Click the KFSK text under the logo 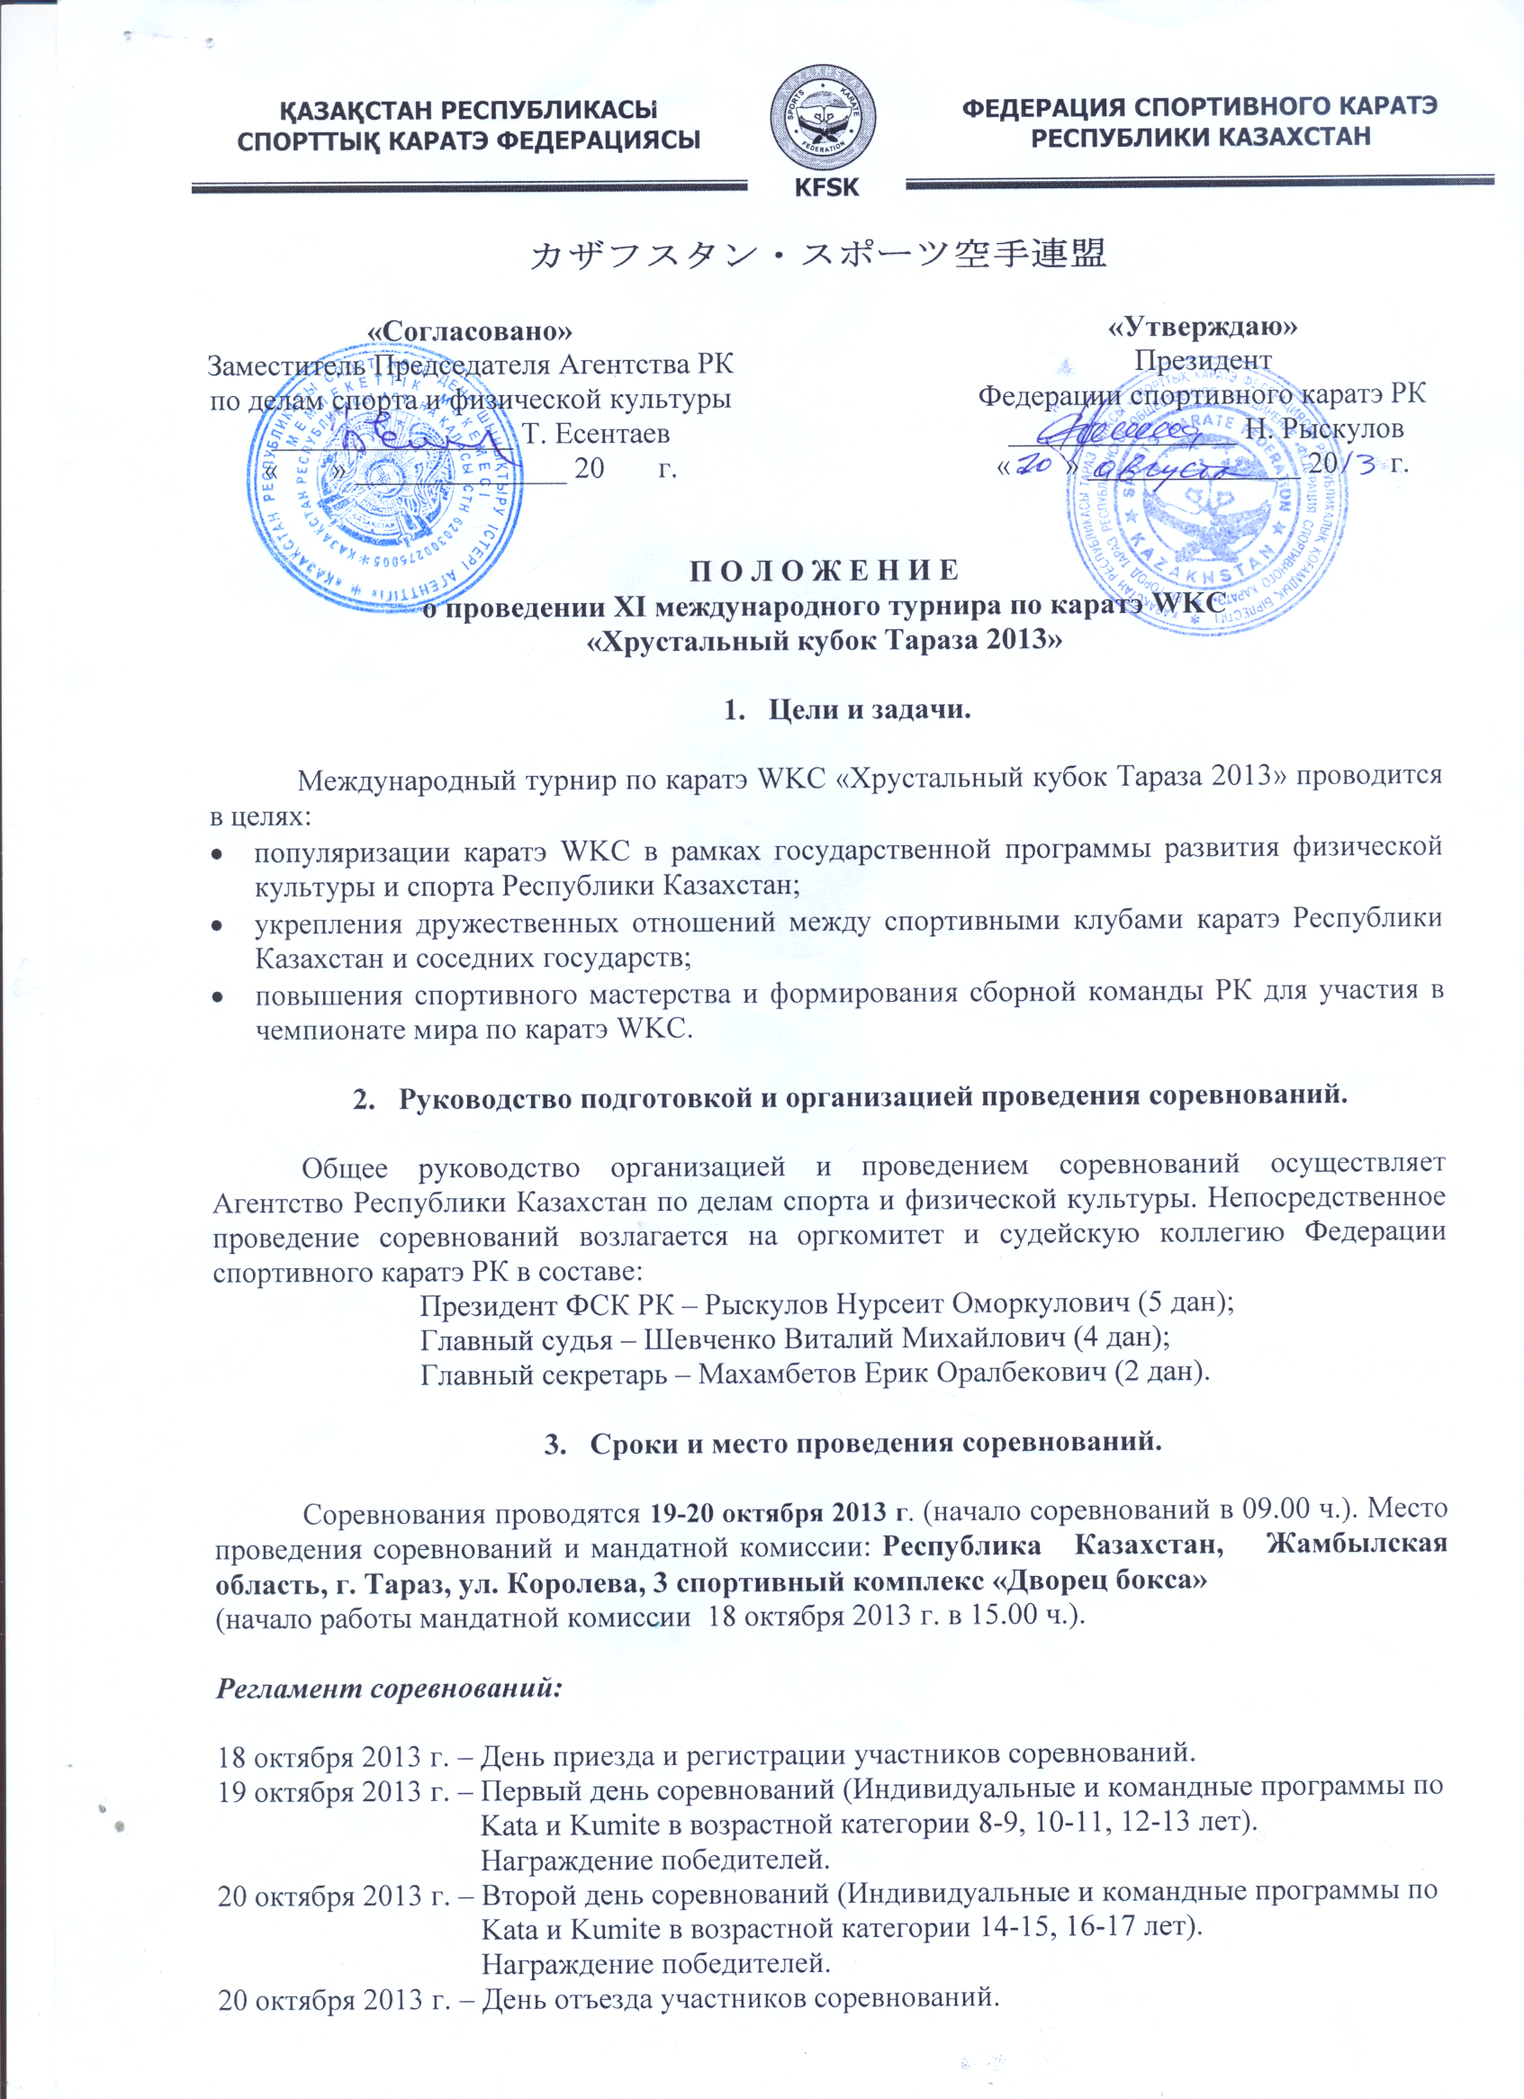click(826, 187)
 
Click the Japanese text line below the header click(817, 254)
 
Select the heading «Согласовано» click(470, 331)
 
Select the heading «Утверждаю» click(1203, 326)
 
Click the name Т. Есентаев click(596, 433)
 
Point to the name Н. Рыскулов click(1324, 428)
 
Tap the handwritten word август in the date click(1183, 468)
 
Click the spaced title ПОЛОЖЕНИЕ click(825, 569)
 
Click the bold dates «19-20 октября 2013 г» click(778, 1513)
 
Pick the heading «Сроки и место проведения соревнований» click(874, 1444)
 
